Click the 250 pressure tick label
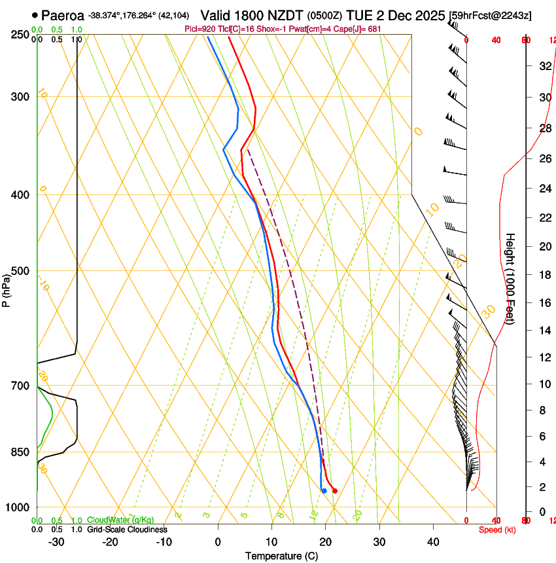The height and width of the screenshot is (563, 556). point(21,35)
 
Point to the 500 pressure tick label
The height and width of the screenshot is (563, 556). point(21,271)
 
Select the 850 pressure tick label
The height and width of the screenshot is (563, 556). point(21,452)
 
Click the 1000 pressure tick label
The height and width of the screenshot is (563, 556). point(18,507)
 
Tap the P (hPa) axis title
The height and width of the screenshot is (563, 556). point(6,289)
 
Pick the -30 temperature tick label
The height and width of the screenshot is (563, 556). point(56,542)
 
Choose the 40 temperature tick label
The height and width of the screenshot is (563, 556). point(433,542)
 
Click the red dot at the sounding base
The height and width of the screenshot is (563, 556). point(335,490)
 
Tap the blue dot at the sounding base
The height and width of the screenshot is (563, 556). point(324,490)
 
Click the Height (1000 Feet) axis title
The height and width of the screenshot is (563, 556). point(511,284)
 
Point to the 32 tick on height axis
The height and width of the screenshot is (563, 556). point(543,66)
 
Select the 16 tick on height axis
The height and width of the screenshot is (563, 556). point(543,302)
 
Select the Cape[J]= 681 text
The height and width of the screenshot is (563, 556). point(358,29)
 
